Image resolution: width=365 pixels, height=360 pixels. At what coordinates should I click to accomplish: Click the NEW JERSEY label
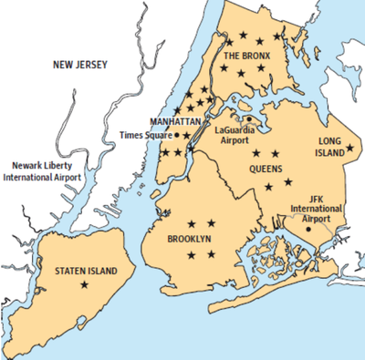79,65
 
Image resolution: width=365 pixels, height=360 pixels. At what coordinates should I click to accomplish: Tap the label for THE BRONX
248,56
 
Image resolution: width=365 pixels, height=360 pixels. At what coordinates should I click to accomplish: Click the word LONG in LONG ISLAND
328,141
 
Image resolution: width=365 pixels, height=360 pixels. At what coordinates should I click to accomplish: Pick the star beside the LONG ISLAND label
350,148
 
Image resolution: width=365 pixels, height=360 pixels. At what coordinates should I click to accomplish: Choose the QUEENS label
266,169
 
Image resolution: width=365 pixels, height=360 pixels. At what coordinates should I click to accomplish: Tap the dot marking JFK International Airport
309,229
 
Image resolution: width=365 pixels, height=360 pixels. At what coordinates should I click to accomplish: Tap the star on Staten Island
85,285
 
